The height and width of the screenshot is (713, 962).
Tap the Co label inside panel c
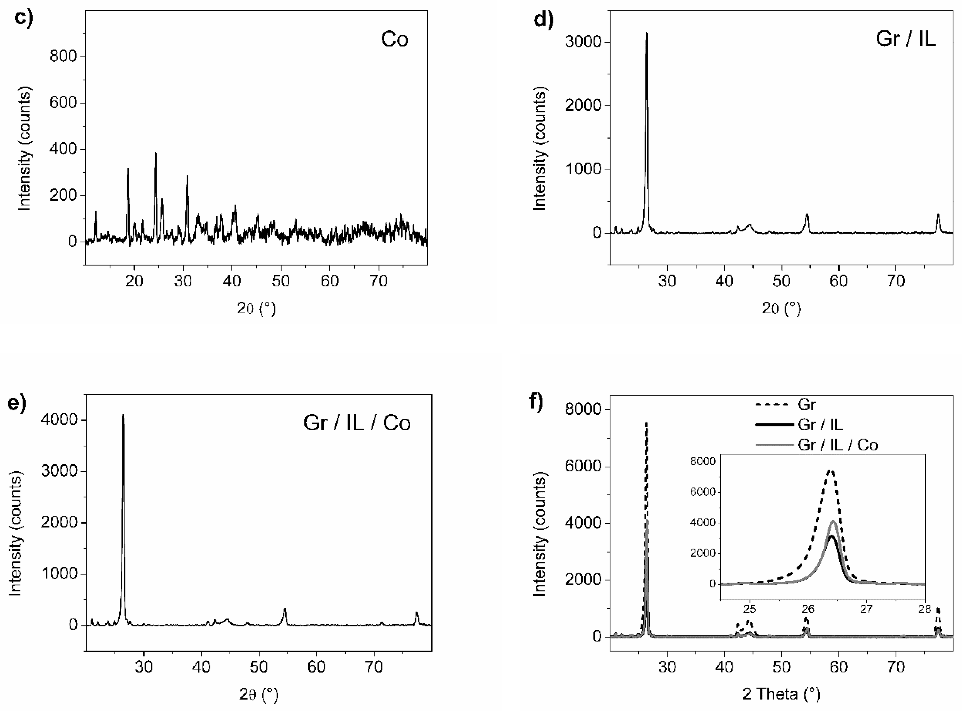click(394, 39)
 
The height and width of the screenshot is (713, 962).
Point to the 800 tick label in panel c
click(63, 56)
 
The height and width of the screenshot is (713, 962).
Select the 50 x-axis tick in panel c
click(281, 281)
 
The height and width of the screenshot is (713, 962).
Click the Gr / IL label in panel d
click(905, 39)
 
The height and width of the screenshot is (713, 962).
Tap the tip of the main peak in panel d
click(646, 33)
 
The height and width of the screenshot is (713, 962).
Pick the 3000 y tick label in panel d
click(582, 42)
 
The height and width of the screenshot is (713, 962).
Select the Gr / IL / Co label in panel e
click(357, 423)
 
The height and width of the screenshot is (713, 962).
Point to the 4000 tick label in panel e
click(59, 420)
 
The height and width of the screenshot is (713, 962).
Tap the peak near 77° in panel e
click(417, 613)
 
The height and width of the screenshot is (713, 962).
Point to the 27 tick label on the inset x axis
click(866, 609)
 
